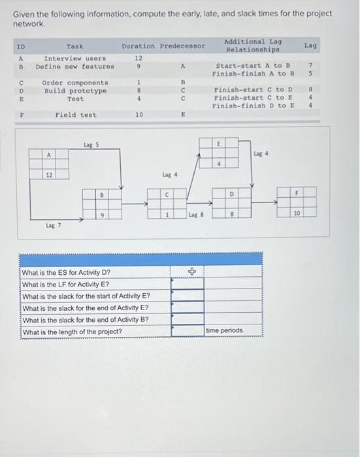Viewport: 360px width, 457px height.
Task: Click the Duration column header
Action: click(x=137, y=46)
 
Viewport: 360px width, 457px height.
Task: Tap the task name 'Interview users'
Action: click(x=74, y=59)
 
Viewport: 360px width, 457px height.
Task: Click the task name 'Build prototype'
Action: click(x=75, y=91)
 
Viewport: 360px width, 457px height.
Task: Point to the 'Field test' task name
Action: click(x=75, y=115)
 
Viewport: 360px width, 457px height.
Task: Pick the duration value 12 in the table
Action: click(x=138, y=59)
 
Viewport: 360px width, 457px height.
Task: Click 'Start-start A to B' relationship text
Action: click(x=254, y=66)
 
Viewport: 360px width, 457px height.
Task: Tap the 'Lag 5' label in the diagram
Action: click(x=91, y=145)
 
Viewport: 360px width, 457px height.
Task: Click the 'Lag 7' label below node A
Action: click(x=53, y=225)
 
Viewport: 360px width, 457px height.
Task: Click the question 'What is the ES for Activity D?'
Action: click(x=66, y=272)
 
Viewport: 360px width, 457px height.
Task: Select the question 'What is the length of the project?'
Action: click(x=72, y=332)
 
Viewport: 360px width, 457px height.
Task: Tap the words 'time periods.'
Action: click(x=225, y=331)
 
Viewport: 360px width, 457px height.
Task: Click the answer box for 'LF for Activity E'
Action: click(x=187, y=284)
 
